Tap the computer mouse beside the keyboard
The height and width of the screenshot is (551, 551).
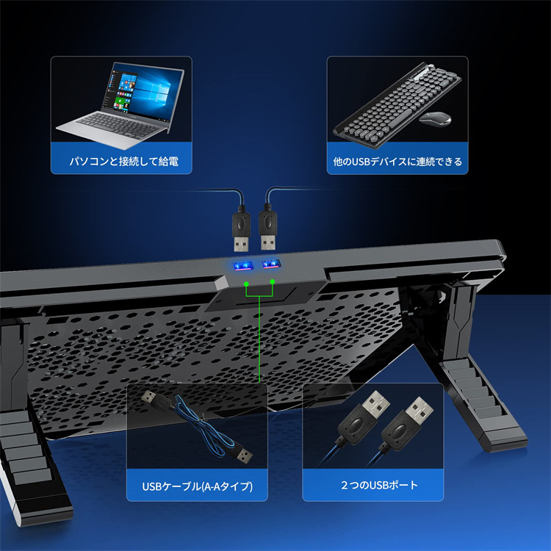coord(435,118)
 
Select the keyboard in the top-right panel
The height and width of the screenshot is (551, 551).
coord(397,104)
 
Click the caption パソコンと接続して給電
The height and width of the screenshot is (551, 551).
coord(123,162)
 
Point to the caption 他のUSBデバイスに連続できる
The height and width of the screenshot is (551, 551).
coord(397,162)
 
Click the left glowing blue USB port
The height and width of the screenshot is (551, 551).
coord(242,265)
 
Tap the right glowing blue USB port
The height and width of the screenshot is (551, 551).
coord(270,264)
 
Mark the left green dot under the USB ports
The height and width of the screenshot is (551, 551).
coord(246,284)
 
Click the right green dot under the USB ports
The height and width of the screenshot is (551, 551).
coord(273,282)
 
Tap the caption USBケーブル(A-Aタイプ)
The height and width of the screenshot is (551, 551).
coord(197,486)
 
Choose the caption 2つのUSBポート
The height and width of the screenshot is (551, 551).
coord(380,485)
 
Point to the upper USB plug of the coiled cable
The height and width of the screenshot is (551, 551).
coord(157,400)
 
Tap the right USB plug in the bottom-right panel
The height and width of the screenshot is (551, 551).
coord(407,422)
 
